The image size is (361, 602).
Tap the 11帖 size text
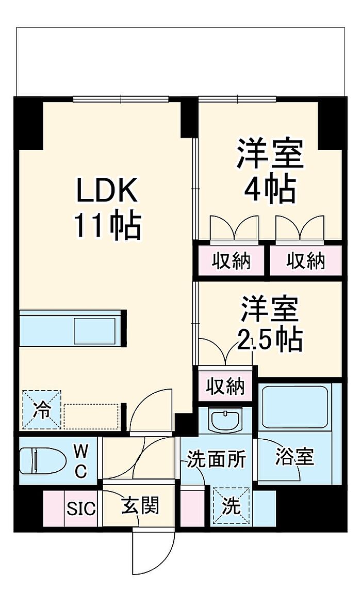(x=108, y=225)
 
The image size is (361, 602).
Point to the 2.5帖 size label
(x=269, y=338)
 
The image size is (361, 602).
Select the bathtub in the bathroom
(x=294, y=407)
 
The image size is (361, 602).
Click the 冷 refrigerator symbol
(x=41, y=410)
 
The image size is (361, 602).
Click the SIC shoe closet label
(x=81, y=508)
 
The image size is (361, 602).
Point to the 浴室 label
(x=294, y=457)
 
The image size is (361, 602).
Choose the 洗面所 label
(x=216, y=459)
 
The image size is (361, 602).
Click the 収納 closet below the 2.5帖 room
(x=225, y=385)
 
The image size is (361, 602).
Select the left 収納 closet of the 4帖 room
(x=231, y=261)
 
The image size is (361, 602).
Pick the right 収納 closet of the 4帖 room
(x=306, y=261)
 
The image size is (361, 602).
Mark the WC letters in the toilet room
(x=80, y=460)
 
